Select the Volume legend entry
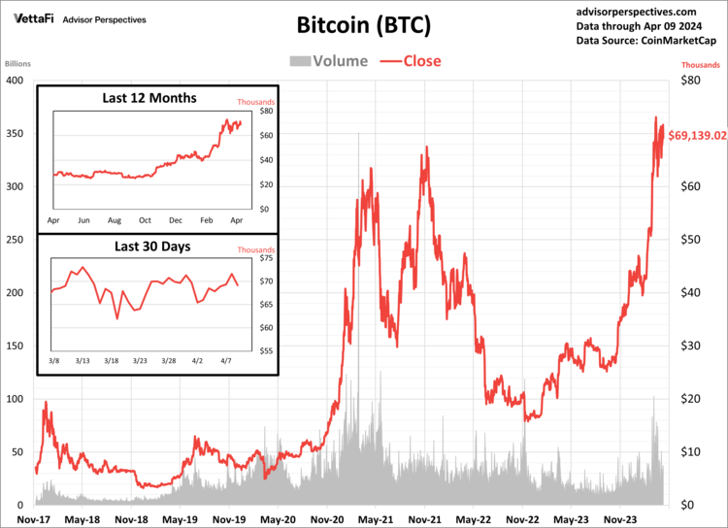328,61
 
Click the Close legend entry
410,61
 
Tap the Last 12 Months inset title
149,98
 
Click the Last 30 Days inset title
152,247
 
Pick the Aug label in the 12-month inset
115,221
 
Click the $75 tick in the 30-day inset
265,259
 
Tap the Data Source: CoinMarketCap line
645,41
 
